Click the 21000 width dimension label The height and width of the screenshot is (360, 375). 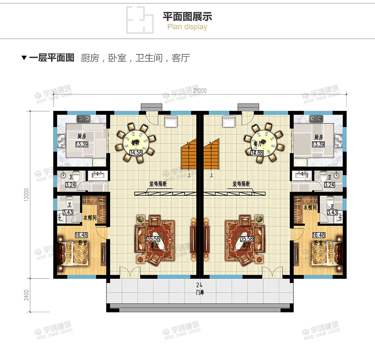click(x=199, y=91)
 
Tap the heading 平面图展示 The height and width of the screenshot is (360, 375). click(x=187, y=17)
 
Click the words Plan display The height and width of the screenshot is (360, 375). click(x=187, y=27)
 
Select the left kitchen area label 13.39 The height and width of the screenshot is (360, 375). click(x=82, y=144)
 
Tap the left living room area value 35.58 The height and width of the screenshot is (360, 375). click(x=154, y=239)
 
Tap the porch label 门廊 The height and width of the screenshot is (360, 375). click(x=200, y=292)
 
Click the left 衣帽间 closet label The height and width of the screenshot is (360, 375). click(x=89, y=217)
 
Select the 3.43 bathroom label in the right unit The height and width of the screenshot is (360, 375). click(x=332, y=213)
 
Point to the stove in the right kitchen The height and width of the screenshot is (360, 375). click(x=316, y=119)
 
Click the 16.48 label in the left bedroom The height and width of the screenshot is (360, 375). click(x=81, y=235)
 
